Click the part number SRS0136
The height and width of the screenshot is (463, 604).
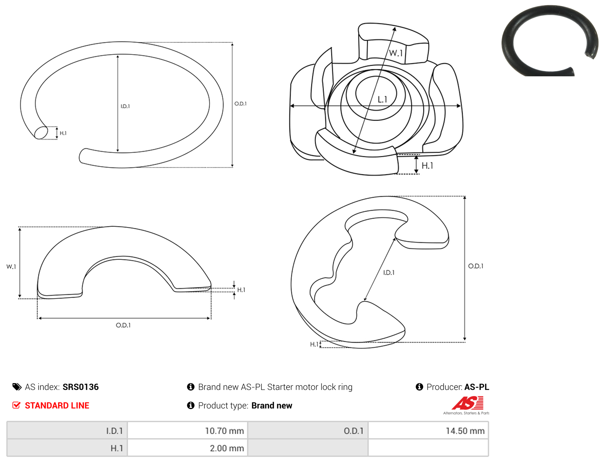80,387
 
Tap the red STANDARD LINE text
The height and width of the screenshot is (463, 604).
57,406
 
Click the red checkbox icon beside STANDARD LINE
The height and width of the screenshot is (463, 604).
17,405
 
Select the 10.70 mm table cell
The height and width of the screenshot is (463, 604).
187,431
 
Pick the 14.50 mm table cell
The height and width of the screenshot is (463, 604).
428,431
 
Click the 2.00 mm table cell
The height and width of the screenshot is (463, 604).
187,448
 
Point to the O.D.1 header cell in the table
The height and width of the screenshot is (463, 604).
308,431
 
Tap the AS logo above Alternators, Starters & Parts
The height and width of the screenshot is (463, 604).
468,403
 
